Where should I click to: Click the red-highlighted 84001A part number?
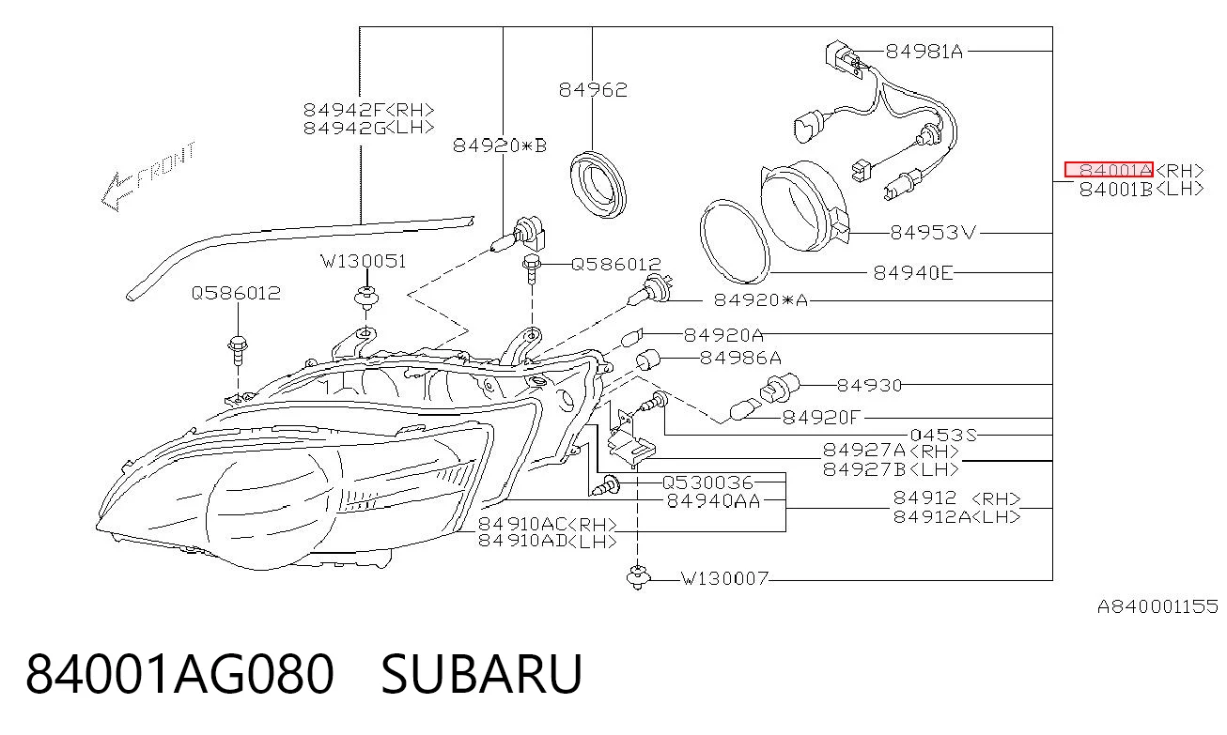1109,170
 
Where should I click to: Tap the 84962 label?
593,90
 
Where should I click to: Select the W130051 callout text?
364,262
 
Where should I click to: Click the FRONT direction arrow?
148,176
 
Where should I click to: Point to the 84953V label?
933,233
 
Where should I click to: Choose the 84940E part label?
913,272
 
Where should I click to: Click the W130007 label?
724,578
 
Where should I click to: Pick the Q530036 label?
707,482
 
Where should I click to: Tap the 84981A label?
924,52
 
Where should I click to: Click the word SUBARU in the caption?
481,674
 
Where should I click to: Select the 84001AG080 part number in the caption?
179,674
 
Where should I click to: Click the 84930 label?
869,385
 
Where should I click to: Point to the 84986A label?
740,358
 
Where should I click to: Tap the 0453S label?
943,436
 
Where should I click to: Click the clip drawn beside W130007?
638,577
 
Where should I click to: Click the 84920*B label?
500,145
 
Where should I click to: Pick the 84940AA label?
713,500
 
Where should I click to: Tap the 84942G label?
345,128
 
